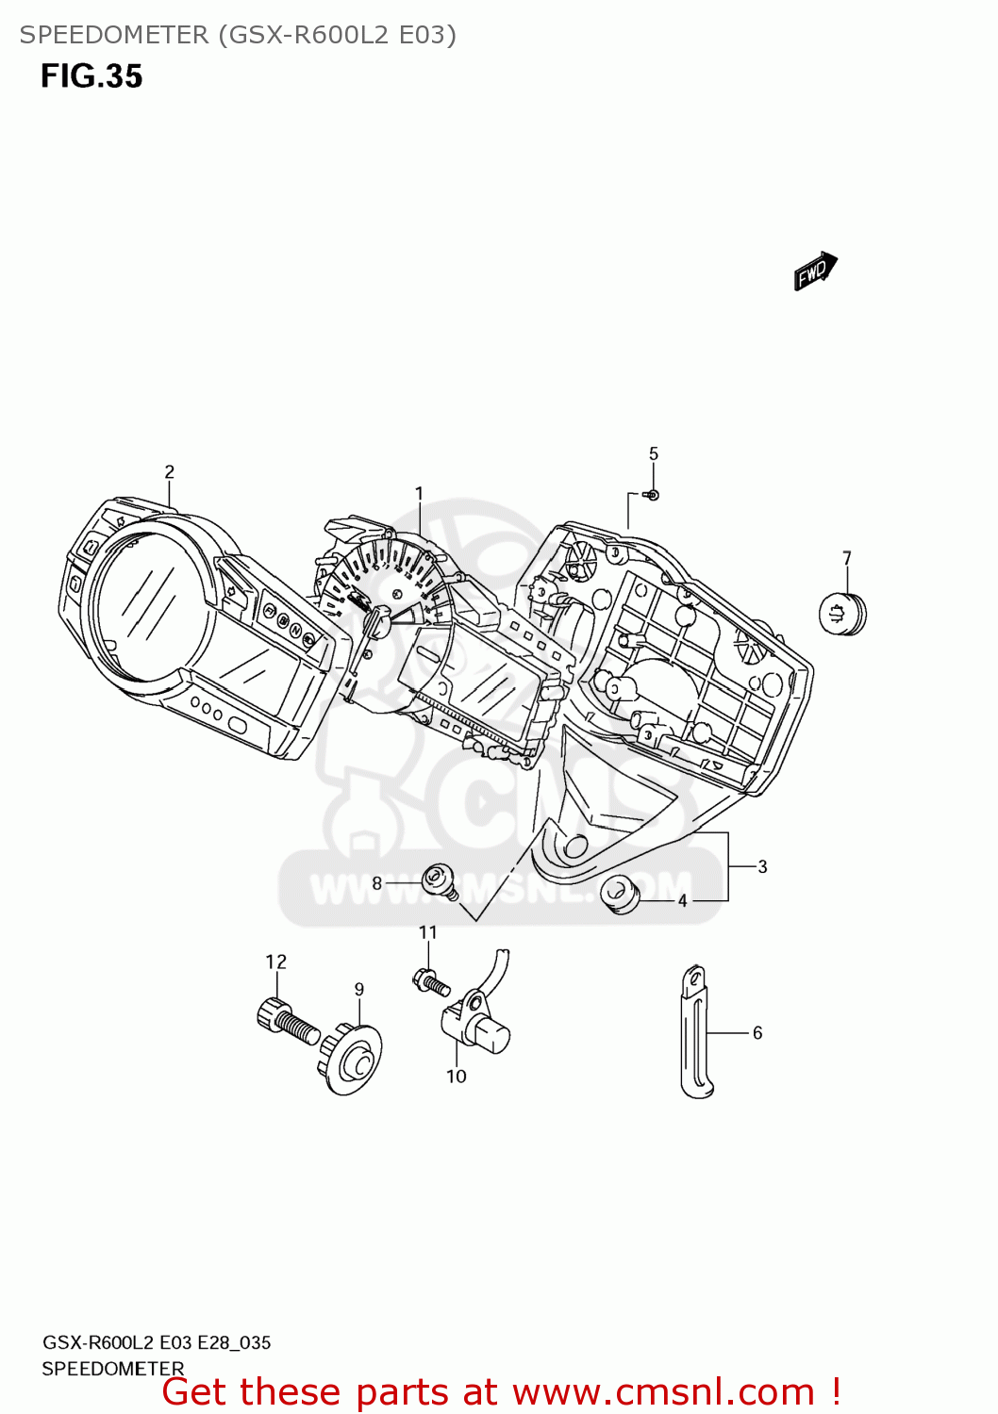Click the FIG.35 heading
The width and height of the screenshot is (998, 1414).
click(x=91, y=76)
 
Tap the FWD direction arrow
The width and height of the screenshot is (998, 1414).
click(x=815, y=271)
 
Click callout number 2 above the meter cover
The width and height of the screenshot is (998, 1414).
click(x=169, y=472)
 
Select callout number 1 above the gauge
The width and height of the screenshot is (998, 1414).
click(x=419, y=493)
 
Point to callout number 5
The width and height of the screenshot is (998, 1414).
click(x=654, y=454)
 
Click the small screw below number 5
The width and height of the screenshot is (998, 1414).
click(x=652, y=495)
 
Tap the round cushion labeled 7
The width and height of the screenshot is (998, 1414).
click(x=841, y=614)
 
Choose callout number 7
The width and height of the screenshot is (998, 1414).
click(x=847, y=558)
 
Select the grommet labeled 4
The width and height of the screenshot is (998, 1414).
click(x=620, y=893)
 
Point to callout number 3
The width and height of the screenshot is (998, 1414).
click(x=762, y=867)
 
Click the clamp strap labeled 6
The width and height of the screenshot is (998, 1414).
click(x=696, y=1032)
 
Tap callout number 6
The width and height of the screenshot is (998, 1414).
click(x=757, y=1033)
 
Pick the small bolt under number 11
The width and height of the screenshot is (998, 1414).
click(x=431, y=981)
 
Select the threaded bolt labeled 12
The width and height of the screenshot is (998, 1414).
click(x=286, y=1022)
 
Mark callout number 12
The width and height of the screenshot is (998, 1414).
click(x=275, y=962)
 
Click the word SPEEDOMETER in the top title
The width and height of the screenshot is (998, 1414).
click(x=114, y=35)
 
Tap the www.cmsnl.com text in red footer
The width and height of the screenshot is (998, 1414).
click(x=663, y=1392)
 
